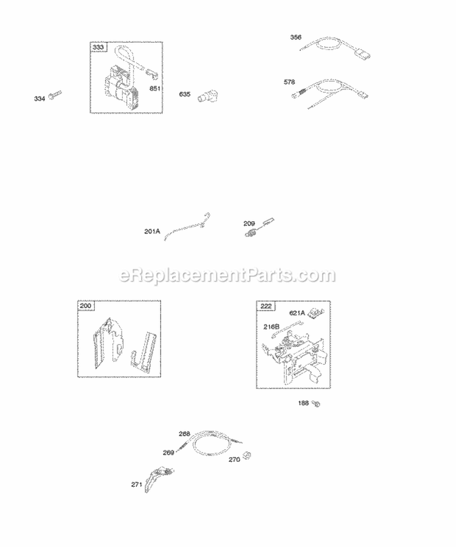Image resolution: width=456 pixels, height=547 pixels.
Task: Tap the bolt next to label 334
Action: (55, 96)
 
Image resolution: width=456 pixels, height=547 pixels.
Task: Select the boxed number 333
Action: (97, 47)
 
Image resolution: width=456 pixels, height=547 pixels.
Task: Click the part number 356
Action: (295, 38)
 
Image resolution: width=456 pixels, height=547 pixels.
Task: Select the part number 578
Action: (291, 81)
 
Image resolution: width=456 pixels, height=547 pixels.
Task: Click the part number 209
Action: (249, 222)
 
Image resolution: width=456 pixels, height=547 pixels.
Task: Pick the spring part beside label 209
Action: (249, 233)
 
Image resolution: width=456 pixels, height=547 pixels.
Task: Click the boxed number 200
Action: (84, 306)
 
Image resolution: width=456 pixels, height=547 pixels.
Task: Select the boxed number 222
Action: (266, 306)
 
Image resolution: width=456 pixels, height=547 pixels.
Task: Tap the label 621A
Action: (297, 314)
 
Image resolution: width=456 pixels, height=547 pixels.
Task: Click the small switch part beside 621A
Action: (314, 313)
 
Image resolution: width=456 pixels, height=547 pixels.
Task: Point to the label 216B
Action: (271, 327)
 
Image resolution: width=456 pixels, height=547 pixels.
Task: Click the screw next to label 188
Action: (316, 403)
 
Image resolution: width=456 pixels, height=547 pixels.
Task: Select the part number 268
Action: (184, 433)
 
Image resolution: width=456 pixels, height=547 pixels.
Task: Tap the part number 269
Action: (168, 452)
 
